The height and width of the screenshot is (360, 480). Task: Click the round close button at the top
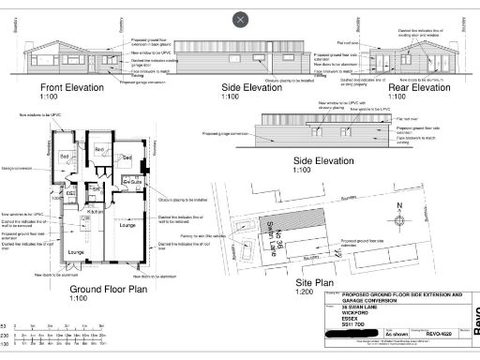click(241, 19)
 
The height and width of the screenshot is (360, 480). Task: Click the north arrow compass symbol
click(397, 212)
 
